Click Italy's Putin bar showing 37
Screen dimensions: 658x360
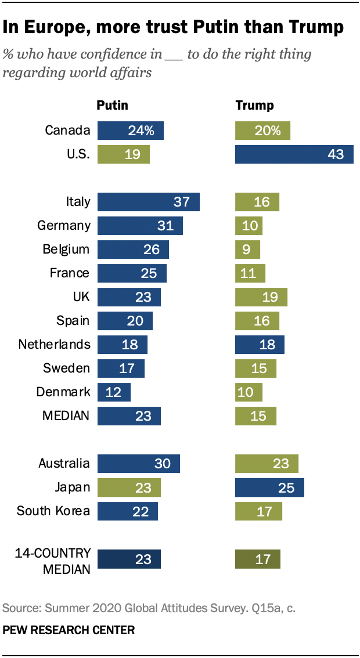pyautogui.click(x=148, y=202)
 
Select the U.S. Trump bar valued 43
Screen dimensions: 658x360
pyautogui.click(x=294, y=154)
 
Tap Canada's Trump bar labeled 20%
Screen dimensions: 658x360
pyautogui.click(x=262, y=131)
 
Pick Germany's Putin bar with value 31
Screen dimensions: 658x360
pyautogui.click(x=140, y=226)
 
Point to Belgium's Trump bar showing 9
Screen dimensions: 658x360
pyautogui.click(x=247, y=250)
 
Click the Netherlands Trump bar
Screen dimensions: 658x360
pyautogui.click(x=260, y=344)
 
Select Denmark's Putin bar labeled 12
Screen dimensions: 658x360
pyautogui.click(x=114, y=392)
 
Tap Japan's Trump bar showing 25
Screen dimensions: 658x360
pyautogui.click(x=269, y=487)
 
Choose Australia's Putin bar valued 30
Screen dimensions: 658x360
pyautogui.click(x=139, y=464)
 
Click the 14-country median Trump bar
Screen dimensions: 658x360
pyautogui.click(x=257, y=559)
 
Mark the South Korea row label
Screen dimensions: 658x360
pyautogui.click(x=53, y=511)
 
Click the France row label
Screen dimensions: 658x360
pyautogui.click(x=70, y=273)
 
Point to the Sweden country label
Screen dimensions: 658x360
pyautogui.click(x=67, y=368)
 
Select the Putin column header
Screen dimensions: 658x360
pyautogui.click(x=112, y=106)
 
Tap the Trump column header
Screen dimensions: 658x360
pyautogui.click(x=254, y=106)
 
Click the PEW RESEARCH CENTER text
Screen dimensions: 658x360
pyautogui.click(x=69, y=630)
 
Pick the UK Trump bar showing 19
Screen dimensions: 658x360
pyautogui.click(x=261, y=297)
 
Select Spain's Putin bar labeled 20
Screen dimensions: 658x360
pyautogui.click(x=125, y=321)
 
